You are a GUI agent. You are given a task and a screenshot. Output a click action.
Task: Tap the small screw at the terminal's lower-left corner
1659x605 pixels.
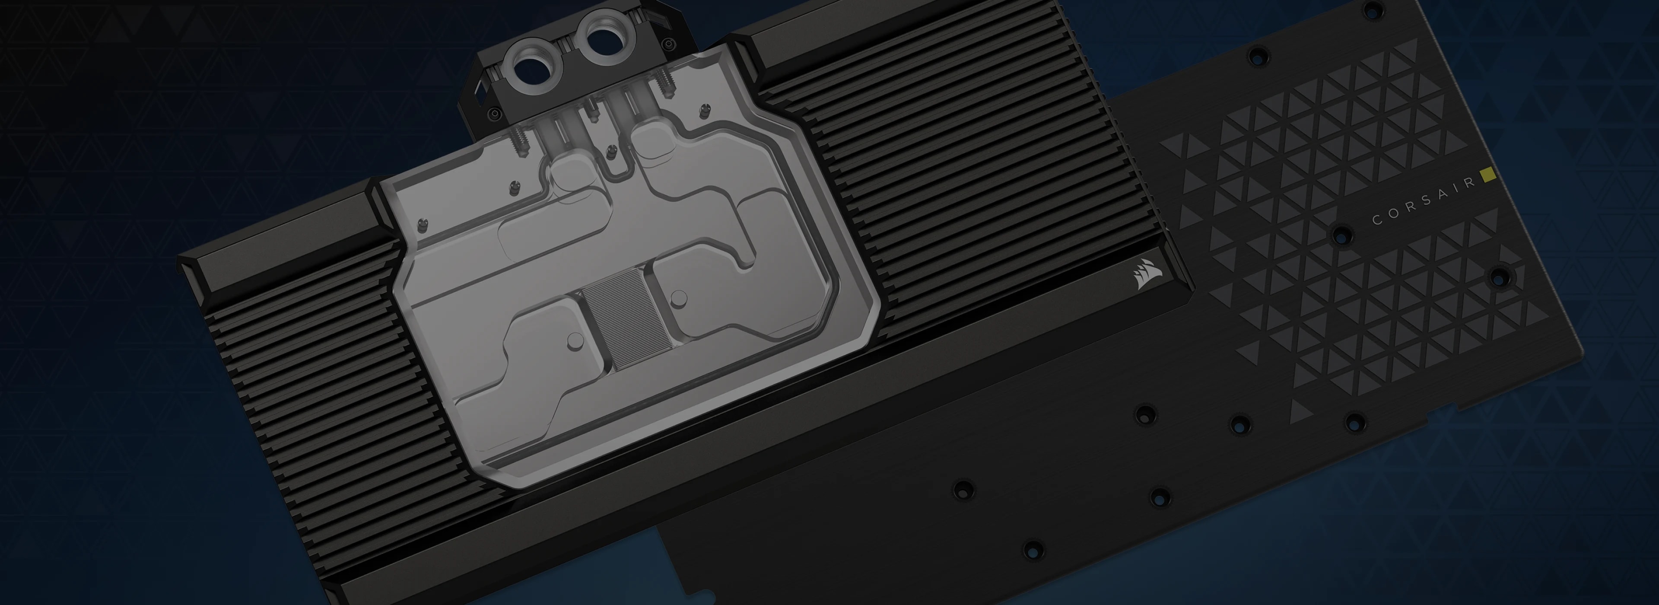(493, 114)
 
